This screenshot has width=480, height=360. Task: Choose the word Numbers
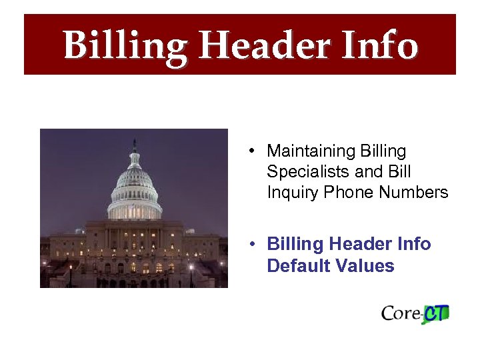click(x=413, y=193)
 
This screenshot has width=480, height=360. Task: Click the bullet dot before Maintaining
click(x=247, y=151)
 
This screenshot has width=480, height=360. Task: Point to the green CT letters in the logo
click(x=437, y=313)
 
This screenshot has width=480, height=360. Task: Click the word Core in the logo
click(x=399, y=313)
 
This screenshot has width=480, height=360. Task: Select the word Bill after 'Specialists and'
click(x=394, y=172)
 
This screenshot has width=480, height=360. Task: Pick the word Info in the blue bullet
click(x=415, y=245)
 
